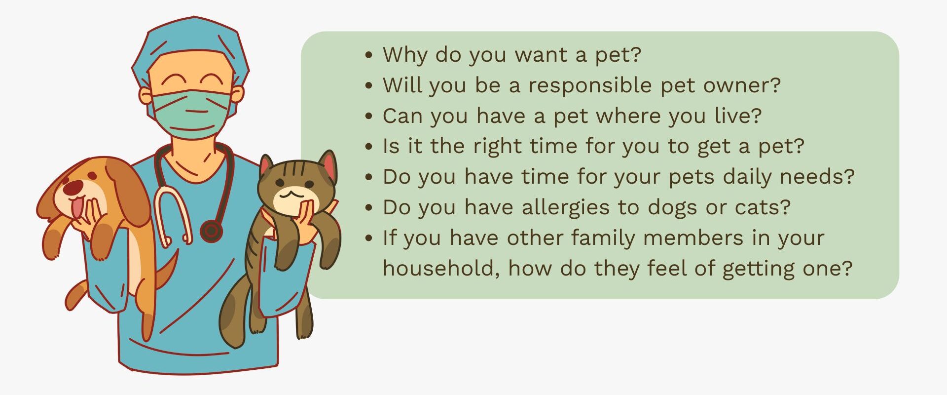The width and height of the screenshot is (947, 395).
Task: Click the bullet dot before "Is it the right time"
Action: (x=369, y=147)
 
